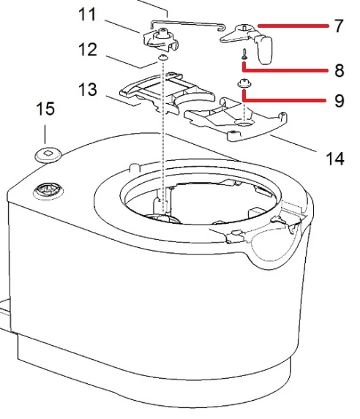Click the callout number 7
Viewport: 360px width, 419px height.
[339, 26]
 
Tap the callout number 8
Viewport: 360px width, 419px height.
[339, 70]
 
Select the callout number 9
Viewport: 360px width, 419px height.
[339, 101]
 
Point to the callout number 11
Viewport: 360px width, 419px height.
[87, 15]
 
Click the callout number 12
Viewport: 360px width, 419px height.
[88, 50]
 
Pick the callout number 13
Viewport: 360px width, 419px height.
[88, 89]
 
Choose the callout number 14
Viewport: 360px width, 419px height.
[335, 159]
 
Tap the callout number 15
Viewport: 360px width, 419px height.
[45, 109]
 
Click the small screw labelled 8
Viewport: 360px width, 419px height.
[244, 54]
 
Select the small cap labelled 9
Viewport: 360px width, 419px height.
[244, 83]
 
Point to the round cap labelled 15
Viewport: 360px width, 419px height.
[48, 155]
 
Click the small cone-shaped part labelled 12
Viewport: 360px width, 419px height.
[162, 57]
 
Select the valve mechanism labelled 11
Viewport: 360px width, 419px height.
[161, 40]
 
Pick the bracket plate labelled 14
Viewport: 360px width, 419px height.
[236, 118]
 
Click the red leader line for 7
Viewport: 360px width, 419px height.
[293, 26]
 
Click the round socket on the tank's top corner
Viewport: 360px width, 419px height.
[48, 191]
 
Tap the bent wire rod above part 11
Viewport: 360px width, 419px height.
[187, 24]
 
